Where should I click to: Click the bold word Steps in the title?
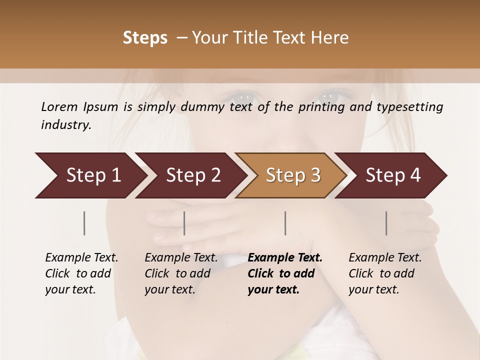[145, 38]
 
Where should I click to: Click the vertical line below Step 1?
[84, 223]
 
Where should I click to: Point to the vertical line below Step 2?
[184, 223]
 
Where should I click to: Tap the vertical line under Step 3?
[285, 223]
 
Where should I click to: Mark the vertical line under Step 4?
[386, 223]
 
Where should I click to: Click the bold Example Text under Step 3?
[285, 273]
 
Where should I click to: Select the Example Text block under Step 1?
[81, 273]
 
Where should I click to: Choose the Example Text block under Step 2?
[181, 273]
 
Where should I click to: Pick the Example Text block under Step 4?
[385, 273]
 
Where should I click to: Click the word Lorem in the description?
[59, 106]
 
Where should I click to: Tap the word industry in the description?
[66, 125]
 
